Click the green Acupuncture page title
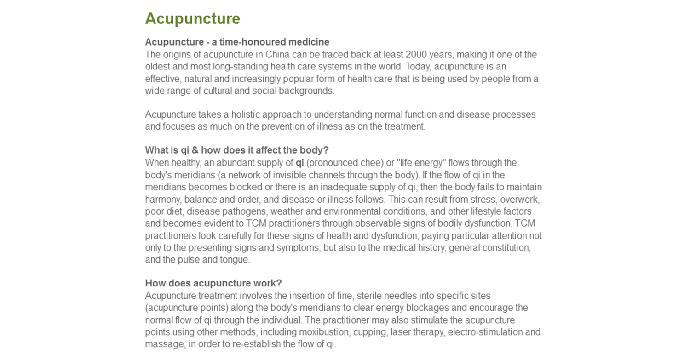[x=192, y=19]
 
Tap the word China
[x=277, y=55]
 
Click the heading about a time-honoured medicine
[x=237, y=42]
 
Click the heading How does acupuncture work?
[x=213, y=283]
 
